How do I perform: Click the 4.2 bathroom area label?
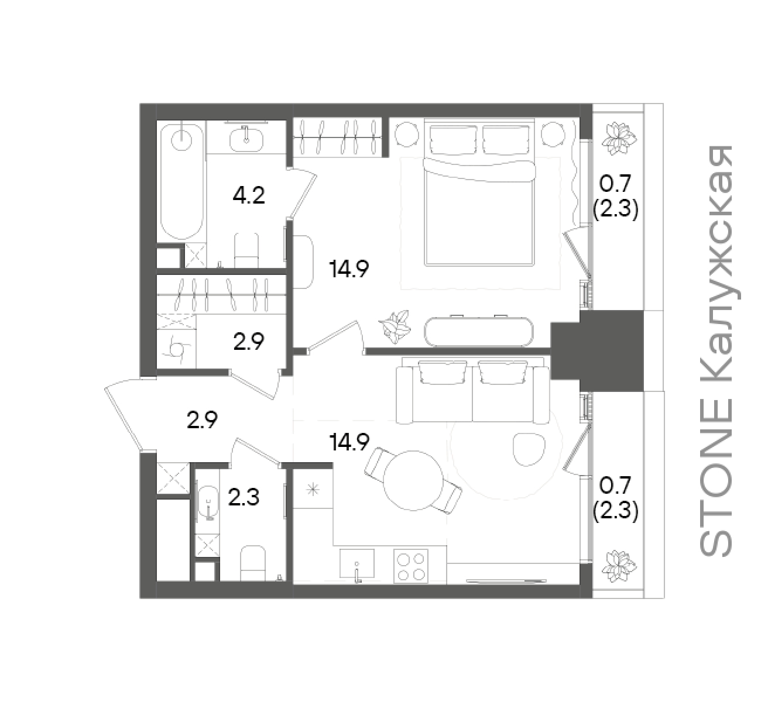248,195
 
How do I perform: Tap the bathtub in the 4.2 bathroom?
182,181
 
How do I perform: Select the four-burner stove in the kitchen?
411,566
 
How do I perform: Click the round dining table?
413,480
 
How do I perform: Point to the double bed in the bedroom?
479,193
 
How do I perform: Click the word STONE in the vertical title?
715,484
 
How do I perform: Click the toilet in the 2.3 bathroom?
253,563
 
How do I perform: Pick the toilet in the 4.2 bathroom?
246,250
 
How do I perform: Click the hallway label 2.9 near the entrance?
202,420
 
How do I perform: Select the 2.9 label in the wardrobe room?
248,342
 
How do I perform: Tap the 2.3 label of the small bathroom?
244,498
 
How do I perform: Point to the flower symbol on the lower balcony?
619,566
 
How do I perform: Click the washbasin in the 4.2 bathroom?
246,140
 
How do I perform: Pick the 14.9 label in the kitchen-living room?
349,443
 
